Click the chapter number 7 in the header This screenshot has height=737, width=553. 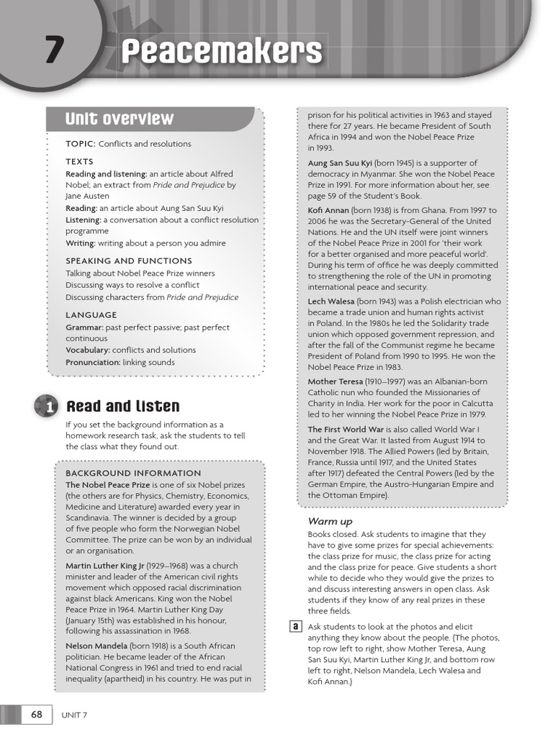[53, 51]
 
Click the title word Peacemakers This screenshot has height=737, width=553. [221, 52]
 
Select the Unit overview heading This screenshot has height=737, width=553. [119, 119]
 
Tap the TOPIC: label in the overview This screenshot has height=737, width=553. [81, 144]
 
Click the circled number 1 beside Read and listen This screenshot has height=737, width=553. [48, 407]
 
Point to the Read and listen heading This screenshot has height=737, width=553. [122, 407]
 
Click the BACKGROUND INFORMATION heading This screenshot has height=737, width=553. [133, 473]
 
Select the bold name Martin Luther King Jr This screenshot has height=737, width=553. [105, 566]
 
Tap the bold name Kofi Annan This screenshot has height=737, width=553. [328, 210]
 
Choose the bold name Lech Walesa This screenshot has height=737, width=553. [330, 302]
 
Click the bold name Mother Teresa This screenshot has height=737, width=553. [336, 381]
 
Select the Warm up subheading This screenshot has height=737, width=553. [331, 521]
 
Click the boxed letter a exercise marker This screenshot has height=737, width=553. [295, 627]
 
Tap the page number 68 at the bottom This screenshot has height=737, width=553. [37, 715]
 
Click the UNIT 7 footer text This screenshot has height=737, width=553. [74, 715]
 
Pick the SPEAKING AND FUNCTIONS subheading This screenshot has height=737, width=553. [129, 261]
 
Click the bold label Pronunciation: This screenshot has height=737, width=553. [93, 362]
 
